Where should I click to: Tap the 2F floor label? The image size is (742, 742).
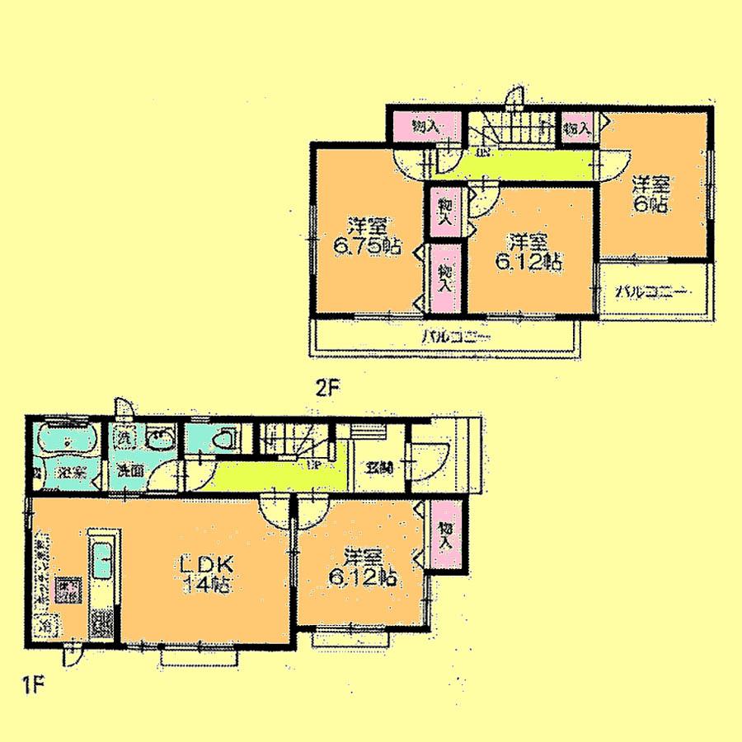[327, 388]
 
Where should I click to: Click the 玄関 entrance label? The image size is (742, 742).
[378, 468]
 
